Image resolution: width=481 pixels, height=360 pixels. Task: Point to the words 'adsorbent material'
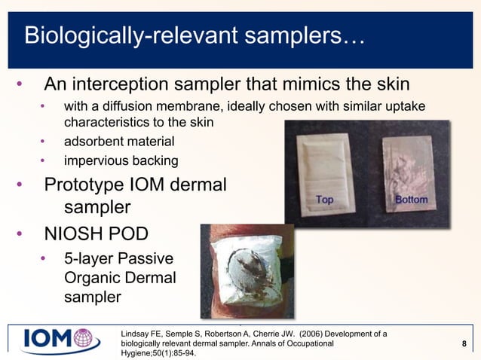[x=119, y=141]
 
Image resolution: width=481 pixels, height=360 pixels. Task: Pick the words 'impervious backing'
[x=121, y=160]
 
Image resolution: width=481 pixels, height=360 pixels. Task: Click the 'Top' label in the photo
[x=324, y=200]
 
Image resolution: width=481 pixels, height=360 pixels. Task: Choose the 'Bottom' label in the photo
[x=411, y=200]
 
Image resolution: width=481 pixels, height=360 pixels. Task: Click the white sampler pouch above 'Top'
[x=325, y=162]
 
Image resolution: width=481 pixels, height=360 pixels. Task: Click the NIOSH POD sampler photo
[x=247, y=271]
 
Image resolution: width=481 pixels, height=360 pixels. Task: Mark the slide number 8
[x=463, y=344]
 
